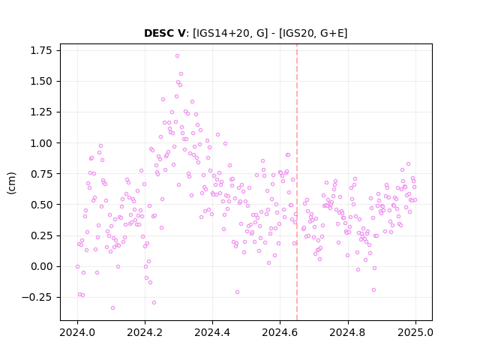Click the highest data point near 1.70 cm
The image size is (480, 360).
(177, 56)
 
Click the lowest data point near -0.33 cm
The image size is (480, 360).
(113, 308)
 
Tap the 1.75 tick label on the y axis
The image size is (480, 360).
(41, 50)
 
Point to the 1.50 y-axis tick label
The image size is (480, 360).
(41, 82)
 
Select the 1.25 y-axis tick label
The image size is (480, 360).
(41, 112)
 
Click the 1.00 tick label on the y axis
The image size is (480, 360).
(41, 143)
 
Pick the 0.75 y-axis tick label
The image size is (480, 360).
(41, 174)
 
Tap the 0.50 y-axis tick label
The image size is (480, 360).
(41, 205)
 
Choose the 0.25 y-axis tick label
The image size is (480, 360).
(41, 235)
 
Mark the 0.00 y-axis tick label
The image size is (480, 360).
(41, 267)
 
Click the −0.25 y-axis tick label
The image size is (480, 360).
(37, 298)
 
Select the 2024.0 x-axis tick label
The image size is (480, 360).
(77, 333)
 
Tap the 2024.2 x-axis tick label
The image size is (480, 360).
(145, 333)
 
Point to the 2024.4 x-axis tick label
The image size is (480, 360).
(212, 333)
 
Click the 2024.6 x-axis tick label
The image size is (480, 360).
(280, 333)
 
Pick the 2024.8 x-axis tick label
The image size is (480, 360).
(348, 333)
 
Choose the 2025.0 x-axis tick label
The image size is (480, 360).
(415, 333)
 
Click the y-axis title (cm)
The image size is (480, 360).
(11, 183)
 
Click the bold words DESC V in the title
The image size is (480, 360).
(165, 33)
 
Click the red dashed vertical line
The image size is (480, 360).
(297, 182)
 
